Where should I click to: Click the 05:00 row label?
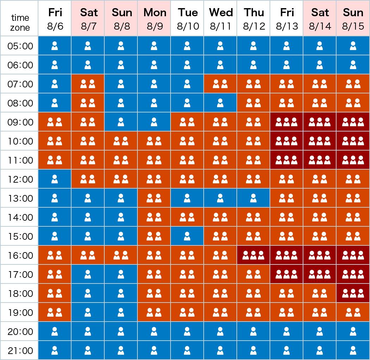20,46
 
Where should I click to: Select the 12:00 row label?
20,179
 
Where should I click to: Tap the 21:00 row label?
20,351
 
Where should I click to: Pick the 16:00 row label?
20,256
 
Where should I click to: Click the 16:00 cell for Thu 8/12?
253,256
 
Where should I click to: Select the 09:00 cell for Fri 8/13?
286,122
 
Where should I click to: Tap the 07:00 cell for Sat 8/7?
88,84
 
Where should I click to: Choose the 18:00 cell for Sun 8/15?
353,294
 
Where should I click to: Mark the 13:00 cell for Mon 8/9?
154,199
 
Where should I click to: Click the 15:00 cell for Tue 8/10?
187,237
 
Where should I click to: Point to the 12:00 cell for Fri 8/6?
55,179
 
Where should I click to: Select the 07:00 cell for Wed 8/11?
220,84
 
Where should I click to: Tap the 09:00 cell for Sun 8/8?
121,122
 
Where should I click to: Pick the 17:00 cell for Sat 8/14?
320,275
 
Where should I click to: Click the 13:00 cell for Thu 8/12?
253,199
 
